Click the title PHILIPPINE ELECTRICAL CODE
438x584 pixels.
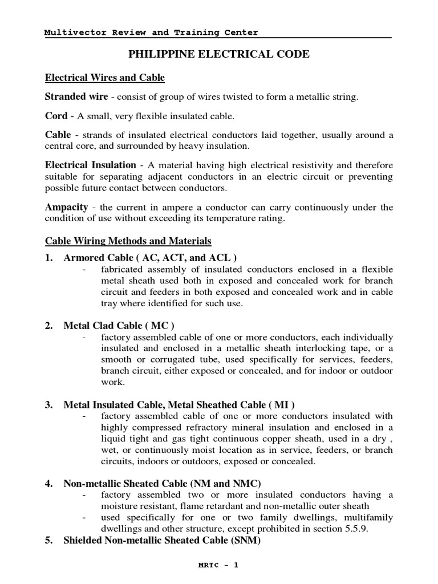219,55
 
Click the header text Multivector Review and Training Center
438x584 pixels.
151,33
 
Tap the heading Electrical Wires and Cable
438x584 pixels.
104,78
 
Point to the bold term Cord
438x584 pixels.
56,116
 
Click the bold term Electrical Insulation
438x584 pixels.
91,165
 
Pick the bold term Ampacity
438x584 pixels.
66,207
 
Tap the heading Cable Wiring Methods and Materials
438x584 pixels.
128,241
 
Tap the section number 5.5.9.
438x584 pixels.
356,528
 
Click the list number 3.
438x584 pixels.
48,405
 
